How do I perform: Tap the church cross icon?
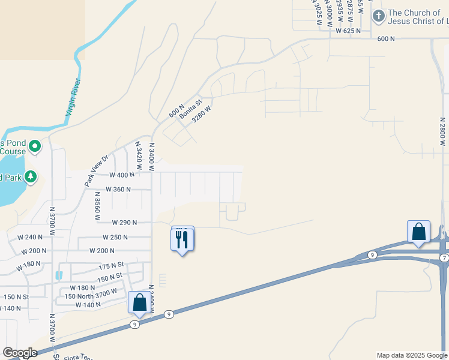(x=378, y=16)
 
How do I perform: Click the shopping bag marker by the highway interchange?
(x=418, y=231)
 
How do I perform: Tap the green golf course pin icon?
(x=35, y=145)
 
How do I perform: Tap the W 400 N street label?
(x=122, y=175)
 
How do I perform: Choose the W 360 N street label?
(x=118, y=189)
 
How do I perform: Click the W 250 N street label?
(x=115, y=237)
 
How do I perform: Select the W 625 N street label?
(x=348, y=30)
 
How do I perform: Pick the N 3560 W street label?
(x=96, y=210)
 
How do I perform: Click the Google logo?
(x=19, y=353)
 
